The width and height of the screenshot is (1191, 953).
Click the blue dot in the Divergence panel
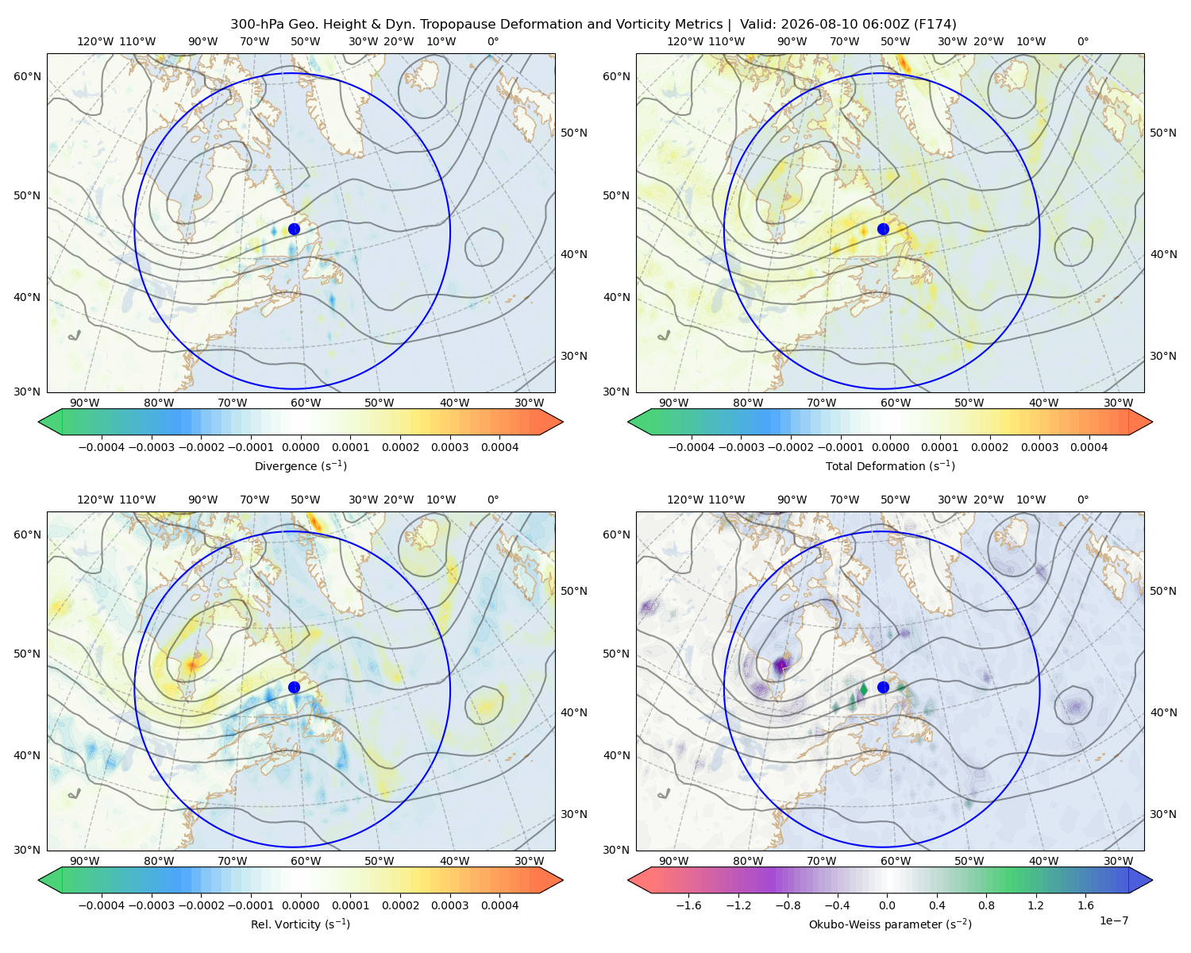coord(294,230)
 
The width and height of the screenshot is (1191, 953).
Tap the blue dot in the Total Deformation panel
coord(883,230)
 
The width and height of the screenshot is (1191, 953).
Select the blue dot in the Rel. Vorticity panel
coord(294,687)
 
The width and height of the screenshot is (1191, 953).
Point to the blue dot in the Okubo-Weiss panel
coord(883,687)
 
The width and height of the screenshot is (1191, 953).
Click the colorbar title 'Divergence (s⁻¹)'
coord(300,465)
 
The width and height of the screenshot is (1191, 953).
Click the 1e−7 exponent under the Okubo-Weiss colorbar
coord(1113,920)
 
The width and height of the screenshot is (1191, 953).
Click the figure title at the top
coord(593,25)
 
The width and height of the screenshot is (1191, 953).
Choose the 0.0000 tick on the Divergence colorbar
coord(300,447)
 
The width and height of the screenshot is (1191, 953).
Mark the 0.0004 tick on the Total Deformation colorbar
coord(1089,447)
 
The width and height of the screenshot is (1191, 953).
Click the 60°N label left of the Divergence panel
coord(27,76)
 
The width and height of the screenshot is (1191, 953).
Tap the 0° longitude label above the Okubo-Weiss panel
coord(1082,500)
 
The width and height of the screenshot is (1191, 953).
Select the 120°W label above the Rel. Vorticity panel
coord(95,500)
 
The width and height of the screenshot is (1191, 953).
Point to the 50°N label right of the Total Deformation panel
coord(1162,133)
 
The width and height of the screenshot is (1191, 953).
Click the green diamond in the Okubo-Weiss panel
coord(863,689)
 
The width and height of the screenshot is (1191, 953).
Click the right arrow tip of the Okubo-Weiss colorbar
coord(1152,881)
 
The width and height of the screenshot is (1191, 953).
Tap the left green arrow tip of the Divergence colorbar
coord(39,422)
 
